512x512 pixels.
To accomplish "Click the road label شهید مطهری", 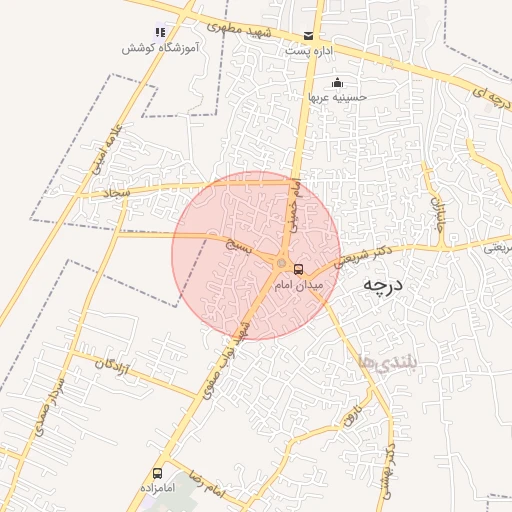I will tap(232, 23).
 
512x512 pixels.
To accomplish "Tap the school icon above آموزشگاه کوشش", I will tap(161, 32).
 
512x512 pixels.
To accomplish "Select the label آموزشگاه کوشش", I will tap(160, 48).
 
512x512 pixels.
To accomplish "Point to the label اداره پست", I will tap(305, 50).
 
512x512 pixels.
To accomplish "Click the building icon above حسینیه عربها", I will tap(337, 82).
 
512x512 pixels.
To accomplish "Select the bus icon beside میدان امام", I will tap(298, 269).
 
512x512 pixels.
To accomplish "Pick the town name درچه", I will tap(380, 285).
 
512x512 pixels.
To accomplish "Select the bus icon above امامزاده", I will tap(157, 472).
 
